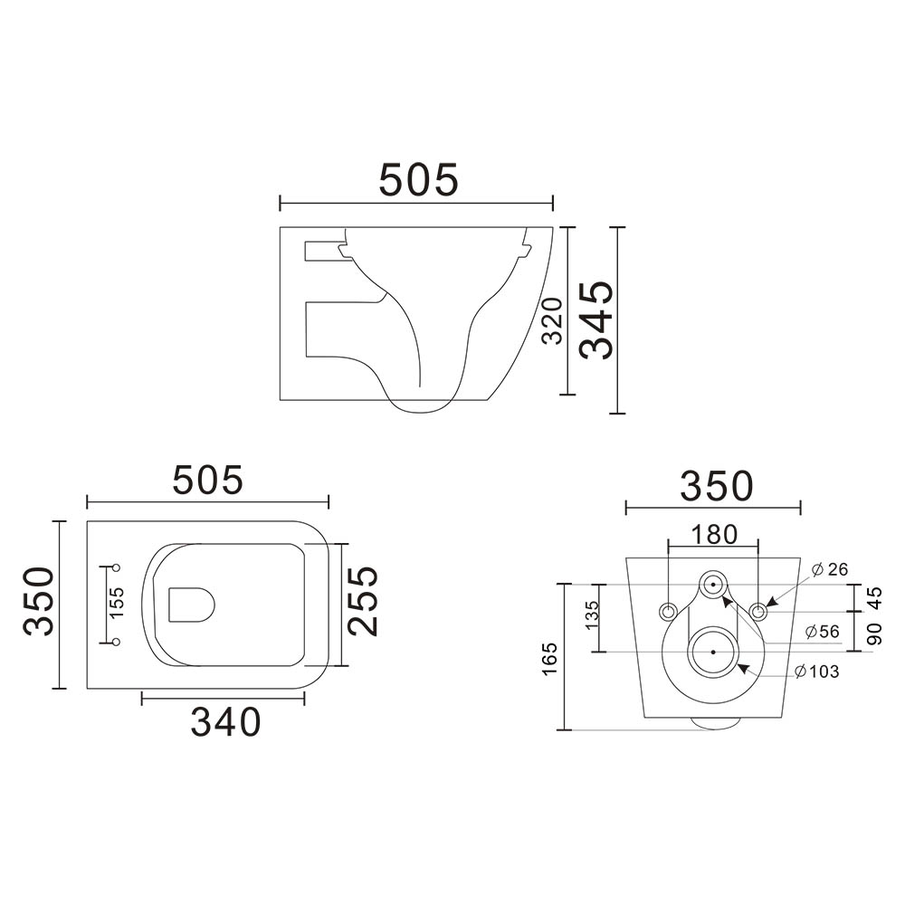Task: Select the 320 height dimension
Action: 552,321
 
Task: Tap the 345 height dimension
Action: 596,319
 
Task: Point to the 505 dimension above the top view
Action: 208,480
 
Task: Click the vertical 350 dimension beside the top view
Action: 39,602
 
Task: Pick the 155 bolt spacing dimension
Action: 116,603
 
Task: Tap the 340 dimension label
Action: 225,721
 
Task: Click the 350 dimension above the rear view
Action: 717,486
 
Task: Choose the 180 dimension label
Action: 714,535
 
